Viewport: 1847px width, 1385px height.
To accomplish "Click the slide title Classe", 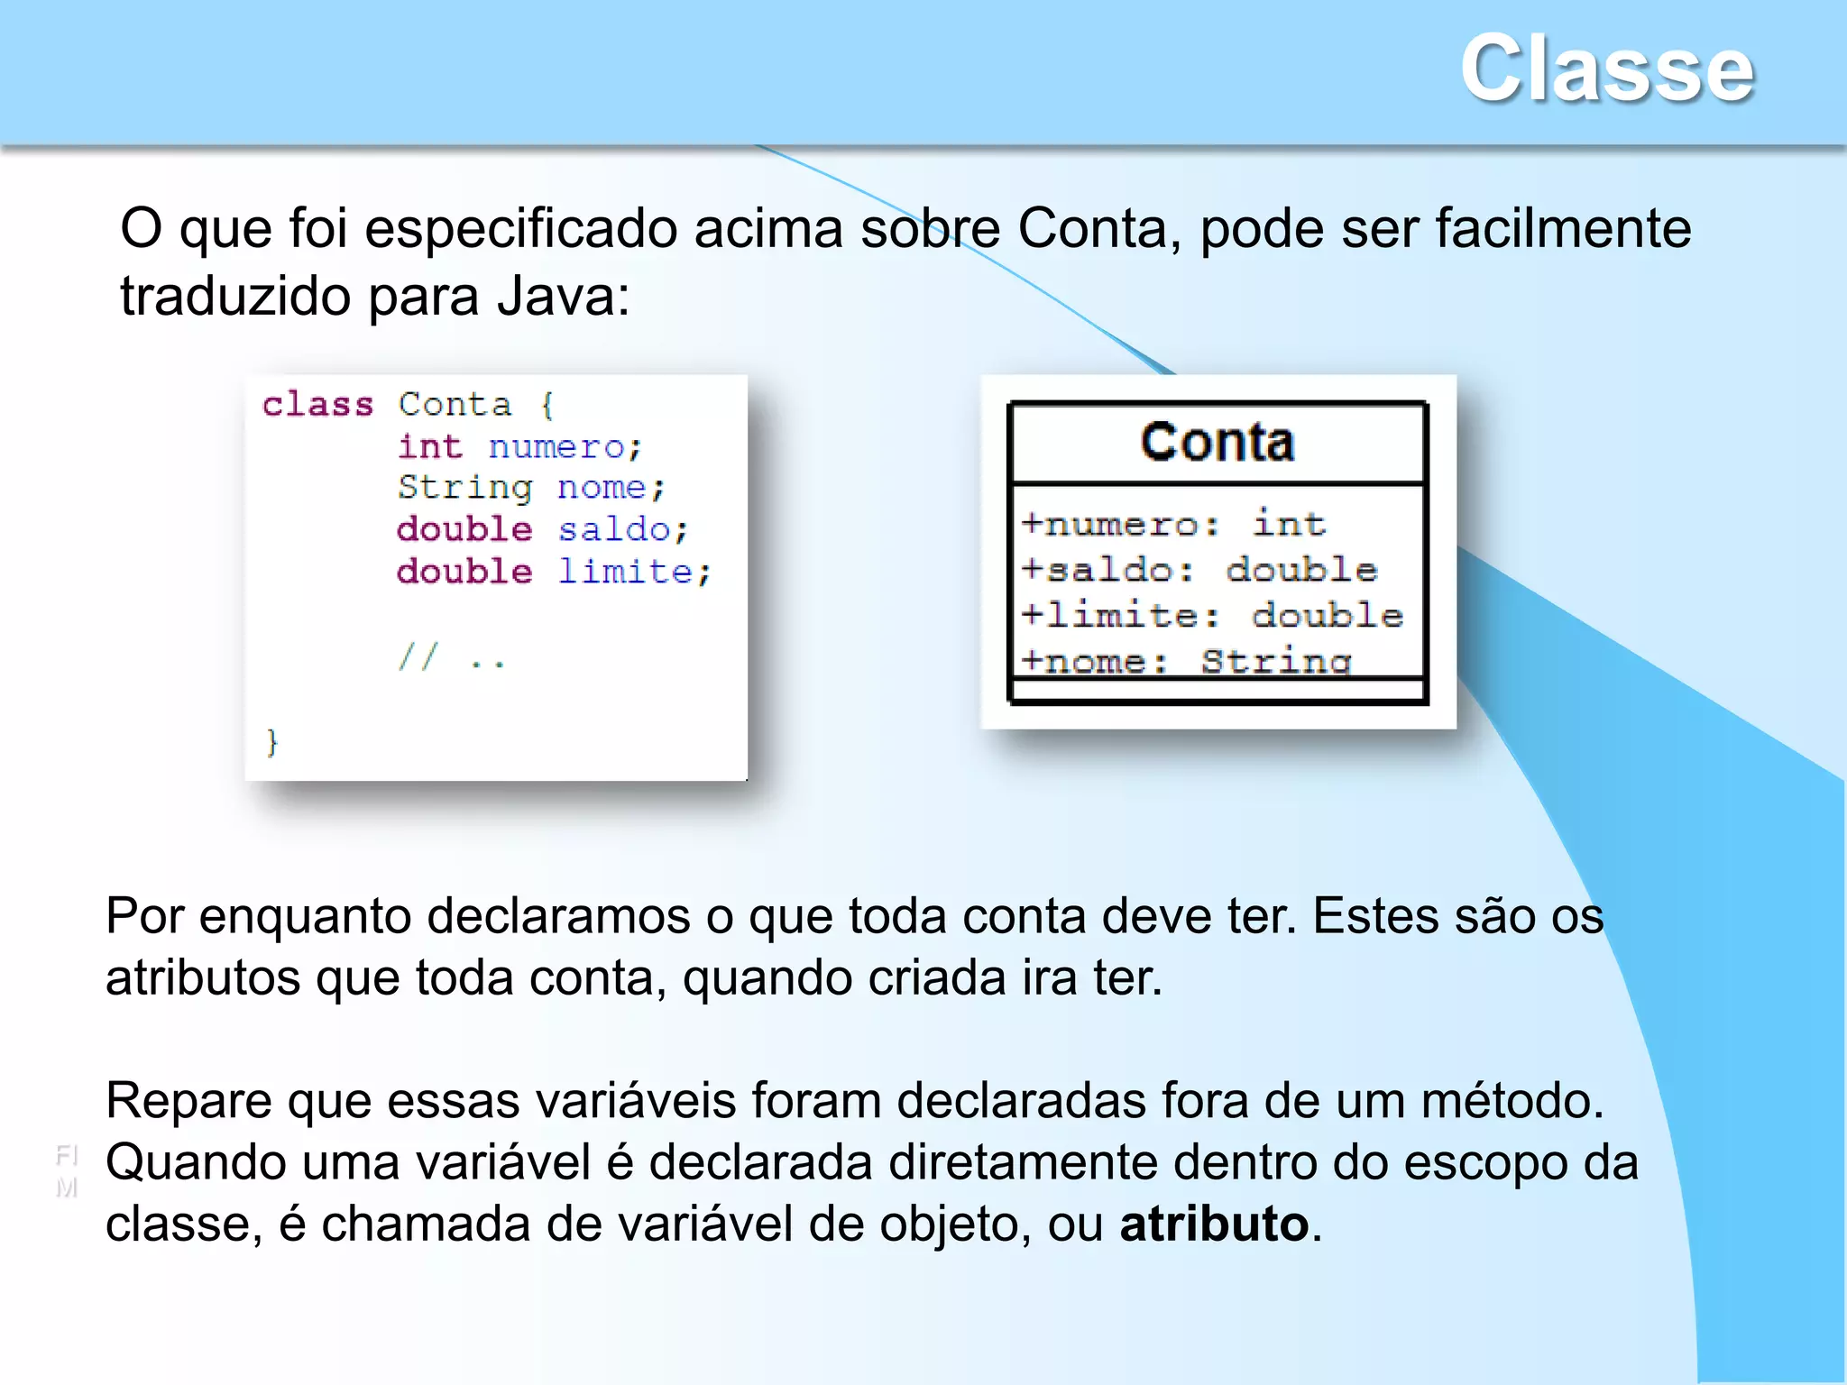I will (1606, 69).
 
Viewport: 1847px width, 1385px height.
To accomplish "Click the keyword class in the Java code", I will (317, 405).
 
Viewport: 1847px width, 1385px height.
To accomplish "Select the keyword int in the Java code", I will (429, 446).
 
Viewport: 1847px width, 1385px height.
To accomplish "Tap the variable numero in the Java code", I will (564, 447).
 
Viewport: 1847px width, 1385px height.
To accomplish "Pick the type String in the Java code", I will (464, 488).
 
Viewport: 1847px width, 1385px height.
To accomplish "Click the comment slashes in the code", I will (418, 657).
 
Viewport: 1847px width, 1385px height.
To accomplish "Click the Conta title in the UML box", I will (1218, 442).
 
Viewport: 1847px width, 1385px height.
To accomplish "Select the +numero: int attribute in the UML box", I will (1173, 524).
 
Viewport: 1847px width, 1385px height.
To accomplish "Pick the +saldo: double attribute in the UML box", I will (1199, 570).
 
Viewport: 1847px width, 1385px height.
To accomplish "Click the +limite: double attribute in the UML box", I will (1212, 616).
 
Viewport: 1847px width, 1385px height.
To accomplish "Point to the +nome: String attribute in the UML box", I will (1186, 661).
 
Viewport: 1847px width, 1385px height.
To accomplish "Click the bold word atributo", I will (1214, 1224).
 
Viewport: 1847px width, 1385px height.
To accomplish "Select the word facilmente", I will (1563, 227).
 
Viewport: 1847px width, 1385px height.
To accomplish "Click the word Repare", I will (188, 1102).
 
